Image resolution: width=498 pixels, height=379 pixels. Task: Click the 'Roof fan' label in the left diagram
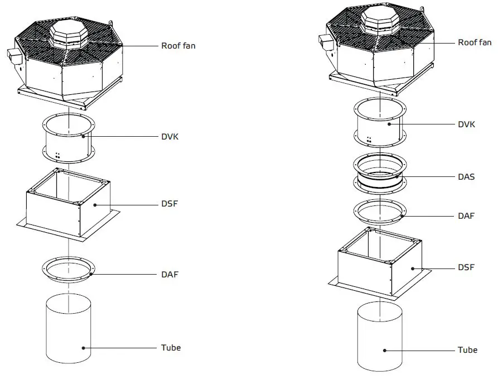[178, 46]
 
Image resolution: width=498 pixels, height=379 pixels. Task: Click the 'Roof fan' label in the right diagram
[475, 42]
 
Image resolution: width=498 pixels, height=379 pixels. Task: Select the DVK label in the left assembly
[170, 136]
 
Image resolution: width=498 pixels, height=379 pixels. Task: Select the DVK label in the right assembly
[466, 124]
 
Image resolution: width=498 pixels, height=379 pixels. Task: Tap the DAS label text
[466, 176]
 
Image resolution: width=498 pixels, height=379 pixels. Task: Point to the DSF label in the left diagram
[170, 205]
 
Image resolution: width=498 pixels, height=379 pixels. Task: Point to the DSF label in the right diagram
[466, 267]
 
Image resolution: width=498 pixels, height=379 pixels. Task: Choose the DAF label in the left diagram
[170, 274]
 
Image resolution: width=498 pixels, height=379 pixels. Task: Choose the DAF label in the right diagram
[466, 215]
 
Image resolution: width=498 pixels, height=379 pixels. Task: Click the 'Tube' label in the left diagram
[171, 347]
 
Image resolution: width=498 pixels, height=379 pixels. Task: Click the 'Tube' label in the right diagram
[467, 350]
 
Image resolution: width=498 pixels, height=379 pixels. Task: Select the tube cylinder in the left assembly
[68, 329]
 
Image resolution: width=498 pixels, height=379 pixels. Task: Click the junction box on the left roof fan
[14, 55]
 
